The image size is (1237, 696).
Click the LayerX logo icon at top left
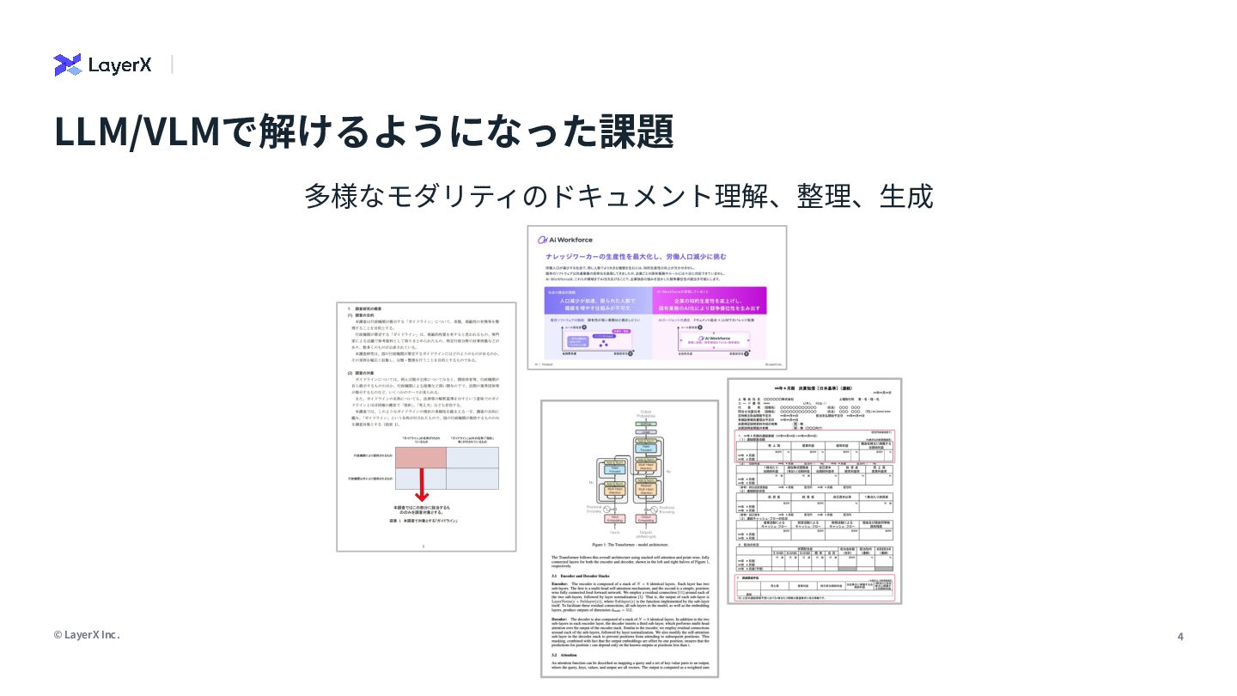(67, 64)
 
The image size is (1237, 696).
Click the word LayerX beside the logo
(119, 64)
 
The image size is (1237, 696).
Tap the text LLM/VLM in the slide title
(137, 131)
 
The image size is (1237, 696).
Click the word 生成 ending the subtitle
(906, 196)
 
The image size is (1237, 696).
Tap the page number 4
(1180, 636)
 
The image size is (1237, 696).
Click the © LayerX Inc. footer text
(87, 635)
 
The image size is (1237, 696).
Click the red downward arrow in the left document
(422, 484)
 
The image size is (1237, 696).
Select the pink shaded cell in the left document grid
(421, 456)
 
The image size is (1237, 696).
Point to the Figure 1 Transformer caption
(629, 544)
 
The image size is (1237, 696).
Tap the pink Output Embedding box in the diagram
(647, 518)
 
